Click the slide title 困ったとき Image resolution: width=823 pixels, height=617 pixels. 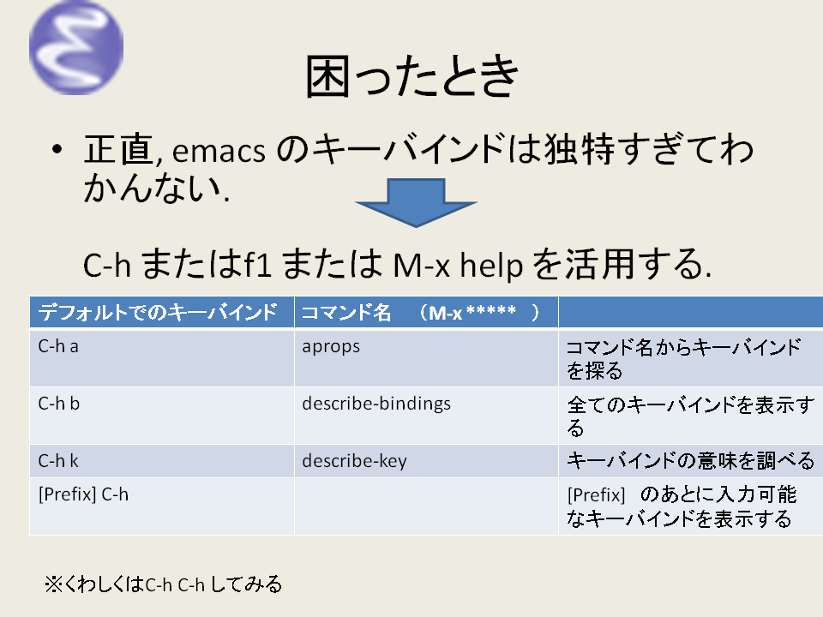[411, 79]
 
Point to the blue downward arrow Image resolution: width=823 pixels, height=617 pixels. [415, 202]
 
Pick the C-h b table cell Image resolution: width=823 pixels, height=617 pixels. [59, 404]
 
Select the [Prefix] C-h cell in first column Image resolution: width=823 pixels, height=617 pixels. [83, 494]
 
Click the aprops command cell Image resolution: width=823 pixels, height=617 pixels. [331, 348]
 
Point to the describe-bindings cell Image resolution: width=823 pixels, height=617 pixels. [376, 404]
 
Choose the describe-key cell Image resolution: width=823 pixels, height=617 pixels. [354, 461]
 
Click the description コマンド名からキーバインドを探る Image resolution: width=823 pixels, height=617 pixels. [684, 359]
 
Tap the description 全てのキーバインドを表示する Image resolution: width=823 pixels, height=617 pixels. [689, 416]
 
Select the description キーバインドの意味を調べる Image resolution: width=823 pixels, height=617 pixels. [690, 461]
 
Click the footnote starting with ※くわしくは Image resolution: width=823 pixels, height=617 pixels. [164, 585]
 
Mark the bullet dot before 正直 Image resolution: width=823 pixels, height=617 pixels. [57, 151]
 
